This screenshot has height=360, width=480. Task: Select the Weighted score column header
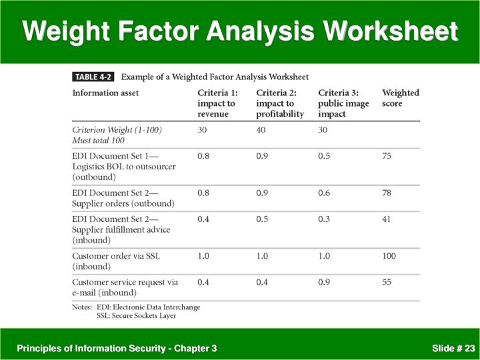[400, 98]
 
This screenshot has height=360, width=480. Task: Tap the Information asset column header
[105, 93]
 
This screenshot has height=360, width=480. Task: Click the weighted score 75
[387, 156]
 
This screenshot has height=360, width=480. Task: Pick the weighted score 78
[387, 193]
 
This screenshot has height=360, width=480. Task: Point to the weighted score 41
[387, 219]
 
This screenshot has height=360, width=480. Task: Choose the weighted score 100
[389, 256]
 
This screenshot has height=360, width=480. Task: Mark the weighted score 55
[387, 282]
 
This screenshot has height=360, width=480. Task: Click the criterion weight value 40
[261, 130]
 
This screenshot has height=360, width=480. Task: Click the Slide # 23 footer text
[453, 348]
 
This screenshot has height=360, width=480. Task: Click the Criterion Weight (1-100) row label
[117, 130]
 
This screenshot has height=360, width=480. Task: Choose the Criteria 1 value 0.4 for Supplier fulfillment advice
[203, 219]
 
